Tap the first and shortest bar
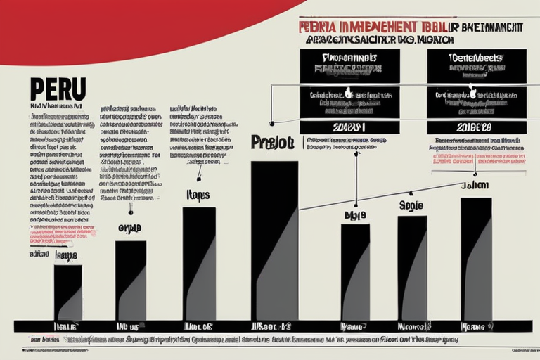(x=67, y=292)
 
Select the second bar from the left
(x=131, y=280)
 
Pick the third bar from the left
(x=199, y=263)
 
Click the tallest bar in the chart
(x=274, y=240)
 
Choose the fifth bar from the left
(x=355, y=271)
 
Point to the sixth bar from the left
(x=412, y=267)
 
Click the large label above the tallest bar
(x=271, y=141)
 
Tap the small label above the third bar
(x=198, y=194)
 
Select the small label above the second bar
(x=129, y=229)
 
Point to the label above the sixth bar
(x=411, y=205)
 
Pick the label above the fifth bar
(x=355, y=214)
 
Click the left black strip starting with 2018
(x=349, y=127)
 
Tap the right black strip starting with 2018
(x=472, y=127)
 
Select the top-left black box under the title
(x=349, y=65)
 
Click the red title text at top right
(x=411, y=27)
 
